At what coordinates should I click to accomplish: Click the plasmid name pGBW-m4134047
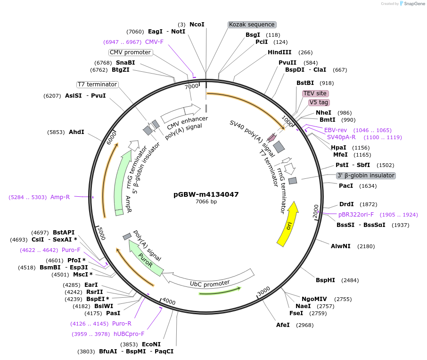coord(206,194)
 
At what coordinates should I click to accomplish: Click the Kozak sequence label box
coord(252,25)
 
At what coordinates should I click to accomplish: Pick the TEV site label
coord(315,93)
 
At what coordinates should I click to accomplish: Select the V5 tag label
coord(319,102)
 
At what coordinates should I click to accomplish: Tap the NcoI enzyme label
coord(197,24)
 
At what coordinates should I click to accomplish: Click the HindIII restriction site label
coord(279,52)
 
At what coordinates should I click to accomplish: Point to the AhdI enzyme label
coord(76,132)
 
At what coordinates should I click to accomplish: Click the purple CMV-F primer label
coord(154,42)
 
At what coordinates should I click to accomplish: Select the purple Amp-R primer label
coord(60,197)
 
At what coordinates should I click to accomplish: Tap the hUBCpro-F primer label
coord(129,334)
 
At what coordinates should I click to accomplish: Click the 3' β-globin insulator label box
coord(366,176)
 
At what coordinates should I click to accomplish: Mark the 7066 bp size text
coord(206,202)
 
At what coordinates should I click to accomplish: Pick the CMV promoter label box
coord(131,52)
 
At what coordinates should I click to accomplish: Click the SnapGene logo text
coord(413,4)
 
